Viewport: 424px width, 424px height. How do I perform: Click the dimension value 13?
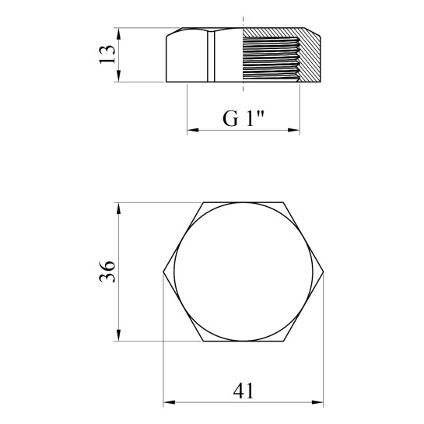[x=107, y=54]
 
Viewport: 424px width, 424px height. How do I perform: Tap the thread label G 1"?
[x=243, y=118]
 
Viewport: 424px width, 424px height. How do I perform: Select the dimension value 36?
[x=107, y=272]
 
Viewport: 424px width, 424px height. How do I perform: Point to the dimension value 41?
[x=244, y=391]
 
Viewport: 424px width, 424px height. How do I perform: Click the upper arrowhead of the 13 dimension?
[x=118, y=33]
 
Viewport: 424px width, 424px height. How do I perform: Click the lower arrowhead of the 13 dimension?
[x=118, y=75]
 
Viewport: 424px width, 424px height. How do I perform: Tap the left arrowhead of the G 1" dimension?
[x=193, y=130]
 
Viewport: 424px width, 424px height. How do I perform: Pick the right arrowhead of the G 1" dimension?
[x=294, y=130]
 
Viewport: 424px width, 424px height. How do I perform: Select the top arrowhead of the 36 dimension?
[x=118, y=208]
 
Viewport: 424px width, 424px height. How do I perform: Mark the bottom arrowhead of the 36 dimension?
[x=118, y=335]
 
